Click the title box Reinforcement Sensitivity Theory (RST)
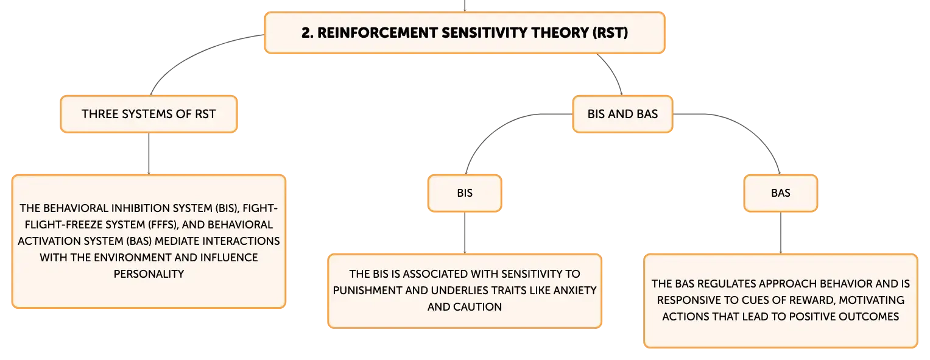tap(465, 33)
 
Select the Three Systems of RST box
tap(149, 114)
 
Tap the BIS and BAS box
tap(622, 114)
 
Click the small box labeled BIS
tap(465, 193)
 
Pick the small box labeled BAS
tap(781, 193)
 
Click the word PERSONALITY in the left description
tap(149, 274)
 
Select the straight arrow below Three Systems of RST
tap(149, 154)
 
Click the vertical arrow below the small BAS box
tap(781, 233)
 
